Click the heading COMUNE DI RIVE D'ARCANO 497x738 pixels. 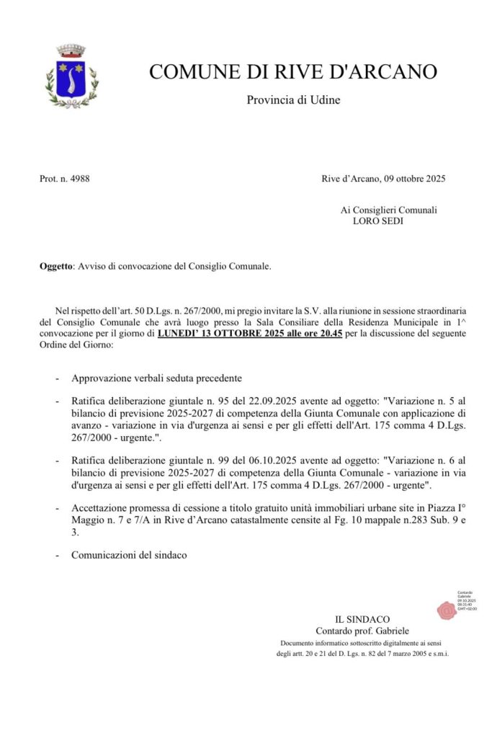pos(293,72)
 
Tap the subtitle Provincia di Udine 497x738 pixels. pos(293,100)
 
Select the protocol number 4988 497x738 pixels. pos(80,178)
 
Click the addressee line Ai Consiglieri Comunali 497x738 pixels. pos(388,210)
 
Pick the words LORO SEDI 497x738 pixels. pos(378,221)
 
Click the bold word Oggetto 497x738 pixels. pos(55,267)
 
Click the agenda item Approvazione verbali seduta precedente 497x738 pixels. pos(156,378)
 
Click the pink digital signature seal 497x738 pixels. pos(447,610)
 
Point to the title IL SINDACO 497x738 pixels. pos(362,619)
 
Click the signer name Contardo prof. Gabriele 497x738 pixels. pos(362,631)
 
